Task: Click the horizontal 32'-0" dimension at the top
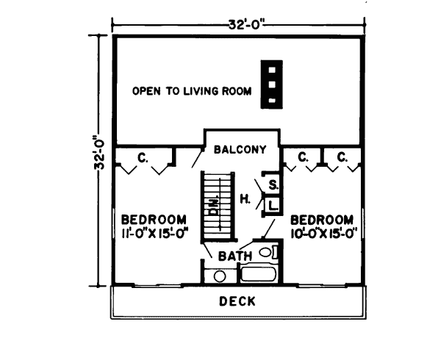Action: click(247, 25)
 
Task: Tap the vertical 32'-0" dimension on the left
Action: click(99, 154)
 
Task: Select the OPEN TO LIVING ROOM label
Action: click(192, 91)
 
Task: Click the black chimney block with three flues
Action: click(272, 84)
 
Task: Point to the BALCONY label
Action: click(240, 149)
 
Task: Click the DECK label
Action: click(237, 301)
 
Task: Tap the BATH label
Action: click(235, 256)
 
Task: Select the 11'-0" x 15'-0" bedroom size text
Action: click(154, 234)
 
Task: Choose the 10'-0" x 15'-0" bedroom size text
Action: click(323, 234)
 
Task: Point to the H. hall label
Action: click(245, 200)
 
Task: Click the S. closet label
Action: click(273, 185)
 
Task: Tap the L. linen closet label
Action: click(273, 206)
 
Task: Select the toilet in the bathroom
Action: click(268, 252)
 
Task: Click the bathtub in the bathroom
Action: click(259, 274)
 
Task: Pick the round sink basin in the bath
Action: click(220, 276)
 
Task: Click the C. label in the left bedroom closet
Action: click(143, 158)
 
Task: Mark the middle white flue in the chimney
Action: click(272, 84)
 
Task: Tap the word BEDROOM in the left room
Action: click(154, 219)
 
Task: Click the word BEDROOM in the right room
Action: click(322, 220)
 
